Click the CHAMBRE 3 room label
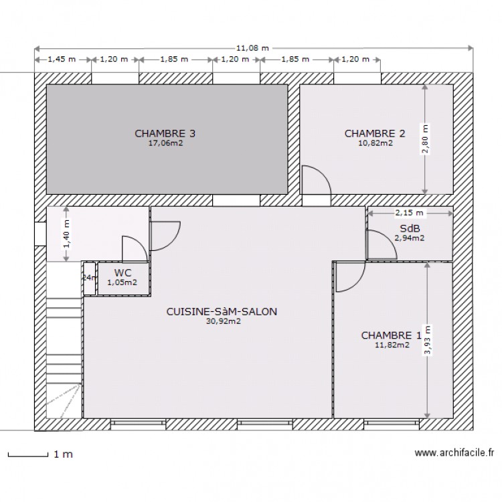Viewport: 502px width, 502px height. click(165, 133)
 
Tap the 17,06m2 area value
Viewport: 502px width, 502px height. click(165, 143)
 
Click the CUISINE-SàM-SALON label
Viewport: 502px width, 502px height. click(222, 311)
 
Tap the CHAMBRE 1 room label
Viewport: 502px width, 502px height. click(391, 335)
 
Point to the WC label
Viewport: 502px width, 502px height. click(122, 272)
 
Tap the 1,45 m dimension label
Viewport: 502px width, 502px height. click(62, 59)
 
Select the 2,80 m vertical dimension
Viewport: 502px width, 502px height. click(423, 139)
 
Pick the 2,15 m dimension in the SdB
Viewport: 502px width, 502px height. click(409, 213)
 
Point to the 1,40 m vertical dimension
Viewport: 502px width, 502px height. click(66, 234)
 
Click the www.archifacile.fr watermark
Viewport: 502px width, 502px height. click(454, 453)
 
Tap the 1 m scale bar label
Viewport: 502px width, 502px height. click(62, 454)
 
